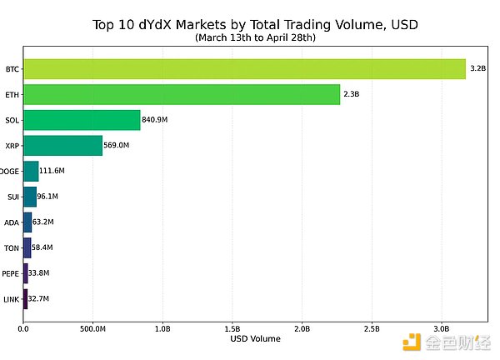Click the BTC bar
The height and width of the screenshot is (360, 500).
[244, 68]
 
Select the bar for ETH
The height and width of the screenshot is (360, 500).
[182, 94]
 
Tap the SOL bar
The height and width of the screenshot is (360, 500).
[82, 120]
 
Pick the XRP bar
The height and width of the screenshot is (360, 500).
[62, 146]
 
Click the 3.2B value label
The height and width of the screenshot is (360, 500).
[478, 68]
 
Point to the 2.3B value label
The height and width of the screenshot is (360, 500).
[352, 94]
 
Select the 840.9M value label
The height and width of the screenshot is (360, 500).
[156, 120]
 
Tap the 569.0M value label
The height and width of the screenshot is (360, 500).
[117, 146]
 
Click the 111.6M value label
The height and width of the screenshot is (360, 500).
[52, 171]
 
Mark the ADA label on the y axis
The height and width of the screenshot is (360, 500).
[11, 222]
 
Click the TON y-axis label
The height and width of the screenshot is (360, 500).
[11, 247]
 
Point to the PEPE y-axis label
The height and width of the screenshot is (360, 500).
[10, 273]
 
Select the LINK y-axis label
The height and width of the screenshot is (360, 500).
[10, 299]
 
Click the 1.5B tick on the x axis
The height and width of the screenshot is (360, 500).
[232, 327]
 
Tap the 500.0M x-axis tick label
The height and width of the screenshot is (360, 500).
[92, 327]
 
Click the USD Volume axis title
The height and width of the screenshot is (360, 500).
[255, 338]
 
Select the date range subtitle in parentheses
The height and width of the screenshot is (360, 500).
[255, 37]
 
